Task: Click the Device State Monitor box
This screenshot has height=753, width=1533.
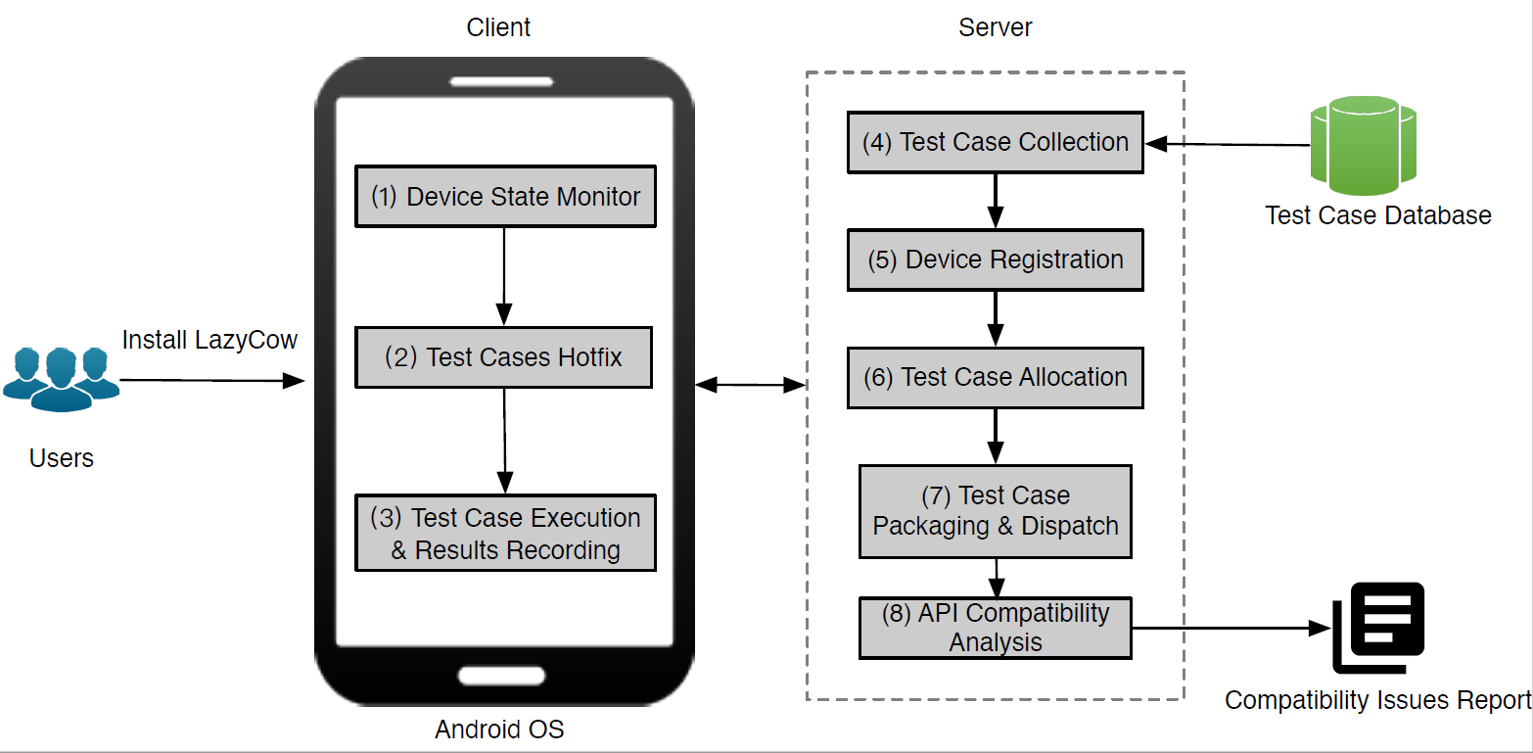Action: click(x=505, y=197)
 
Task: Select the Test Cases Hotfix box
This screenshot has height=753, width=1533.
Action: click(x=504, y=357)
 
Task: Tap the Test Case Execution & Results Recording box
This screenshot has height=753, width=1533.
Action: click(x=505, y=533)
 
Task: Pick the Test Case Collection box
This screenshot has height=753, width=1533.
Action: click(x=996, y=142)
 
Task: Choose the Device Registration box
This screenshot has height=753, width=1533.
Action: click(x=996, y=260)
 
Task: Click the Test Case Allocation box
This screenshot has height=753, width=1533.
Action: click(x=996, y=378)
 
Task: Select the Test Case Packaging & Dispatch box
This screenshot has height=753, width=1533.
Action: click(x=996, y=511)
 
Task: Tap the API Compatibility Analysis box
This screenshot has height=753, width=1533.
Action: click(x=996, y=628)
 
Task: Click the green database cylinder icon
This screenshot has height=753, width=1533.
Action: click(x=1364, y=145)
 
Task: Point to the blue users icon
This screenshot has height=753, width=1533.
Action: click(x=62, y=379)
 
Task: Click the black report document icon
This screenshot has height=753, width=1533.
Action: click(x=1377, y=628)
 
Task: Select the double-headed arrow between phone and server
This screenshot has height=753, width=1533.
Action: click(x=751, y=385)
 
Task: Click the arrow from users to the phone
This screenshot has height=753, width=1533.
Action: click(x=212, y=380)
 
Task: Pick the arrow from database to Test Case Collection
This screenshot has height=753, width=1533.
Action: click(x=1227, y=144)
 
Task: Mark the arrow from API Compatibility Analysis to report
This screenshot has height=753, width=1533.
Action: click(x=1231, y=628)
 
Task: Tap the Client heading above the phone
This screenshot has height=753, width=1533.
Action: click(x=498, y=27)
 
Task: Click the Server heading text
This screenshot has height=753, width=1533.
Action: click(x=996, y=27)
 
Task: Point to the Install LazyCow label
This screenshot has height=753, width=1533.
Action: click(x=209, y=340)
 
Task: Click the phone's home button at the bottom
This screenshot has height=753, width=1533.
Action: click(x=501, y=676)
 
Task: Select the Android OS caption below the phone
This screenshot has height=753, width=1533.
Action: click(x=499, y=729)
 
